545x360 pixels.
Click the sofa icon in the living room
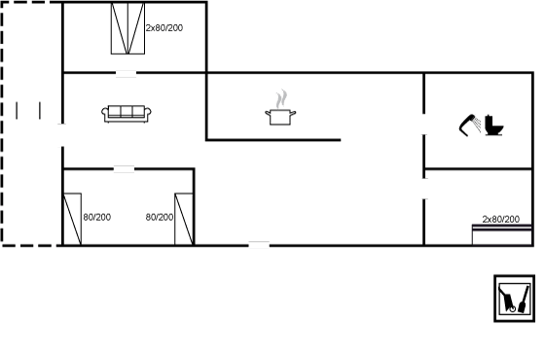127,114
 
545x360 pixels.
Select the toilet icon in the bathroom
494,126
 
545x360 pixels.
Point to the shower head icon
469,126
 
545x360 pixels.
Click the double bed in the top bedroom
127,28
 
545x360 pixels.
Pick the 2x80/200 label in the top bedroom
164,28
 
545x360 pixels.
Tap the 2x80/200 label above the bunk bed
501,219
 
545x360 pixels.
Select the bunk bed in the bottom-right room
501,234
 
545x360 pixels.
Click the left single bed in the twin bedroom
72,219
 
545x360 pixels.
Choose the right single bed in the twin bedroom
184,219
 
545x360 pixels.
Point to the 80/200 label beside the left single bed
97,217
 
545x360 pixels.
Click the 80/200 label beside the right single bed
160,217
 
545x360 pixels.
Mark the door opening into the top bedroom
126,73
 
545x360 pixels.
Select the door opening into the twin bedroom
125,169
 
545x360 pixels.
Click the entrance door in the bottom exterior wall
259,245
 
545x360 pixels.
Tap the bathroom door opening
424,125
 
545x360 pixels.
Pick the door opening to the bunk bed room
424,189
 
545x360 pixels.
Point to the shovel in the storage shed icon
524,300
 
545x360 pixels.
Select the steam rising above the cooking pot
282,98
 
